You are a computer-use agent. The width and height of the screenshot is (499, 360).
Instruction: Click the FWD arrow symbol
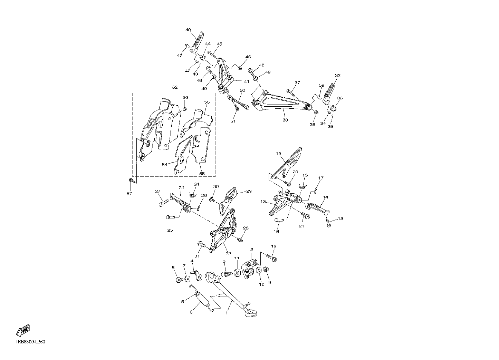coord(23,330)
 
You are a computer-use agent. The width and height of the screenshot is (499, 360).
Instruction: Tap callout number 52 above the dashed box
coord(175,87)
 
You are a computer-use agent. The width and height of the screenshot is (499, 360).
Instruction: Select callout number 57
coord(129,194)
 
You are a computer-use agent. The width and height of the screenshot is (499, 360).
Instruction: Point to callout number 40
coord(188,30)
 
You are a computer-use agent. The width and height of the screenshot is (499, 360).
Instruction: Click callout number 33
coord(285,120)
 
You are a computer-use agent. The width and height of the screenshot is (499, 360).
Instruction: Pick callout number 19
coord(278,154)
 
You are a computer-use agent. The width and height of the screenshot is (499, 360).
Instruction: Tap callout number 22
coord(228,254)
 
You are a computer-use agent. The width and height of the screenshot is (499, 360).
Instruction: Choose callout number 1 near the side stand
coord(227,313)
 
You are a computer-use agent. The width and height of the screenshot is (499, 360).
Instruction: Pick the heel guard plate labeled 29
coord(228,201)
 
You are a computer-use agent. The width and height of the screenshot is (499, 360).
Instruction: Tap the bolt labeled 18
coord(328,223)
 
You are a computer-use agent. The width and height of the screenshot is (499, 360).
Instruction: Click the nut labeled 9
coord(266,270)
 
